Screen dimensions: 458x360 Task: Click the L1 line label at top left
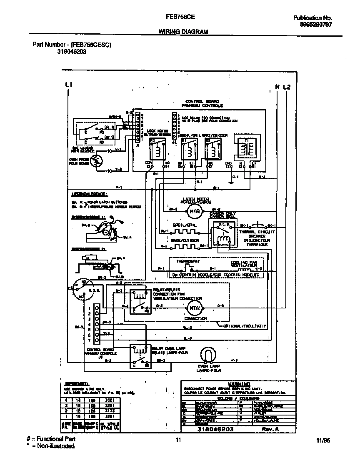pyautogui.click(x=69, y=85)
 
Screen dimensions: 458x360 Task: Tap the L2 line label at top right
pyautogui.click(x=287, y=87)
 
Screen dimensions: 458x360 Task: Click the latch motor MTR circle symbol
pyautogui.click(x=193, y=212)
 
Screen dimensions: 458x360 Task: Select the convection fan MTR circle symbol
pyautogui.click(x=193, y=308)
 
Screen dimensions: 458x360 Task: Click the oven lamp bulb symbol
pyautogui.click(x=208, y=355)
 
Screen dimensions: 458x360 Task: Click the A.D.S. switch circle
pyautogui.click(x=82, y=288)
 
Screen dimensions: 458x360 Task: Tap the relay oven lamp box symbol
pyautogui.click(x=139, y=356)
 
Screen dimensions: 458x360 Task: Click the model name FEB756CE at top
pyautogui.click(x=178, y=18)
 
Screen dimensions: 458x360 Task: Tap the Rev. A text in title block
pyautogui.click(x=269, y=429)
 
